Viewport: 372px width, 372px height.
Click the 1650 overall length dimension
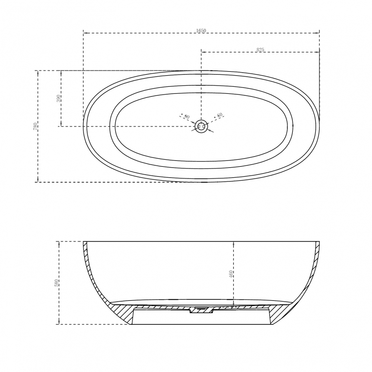tap(201, 31)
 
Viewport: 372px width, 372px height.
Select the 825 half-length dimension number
tap(260, 49)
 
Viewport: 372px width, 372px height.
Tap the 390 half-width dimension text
tap(59, 98)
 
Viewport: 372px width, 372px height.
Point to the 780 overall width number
tap(36, 126)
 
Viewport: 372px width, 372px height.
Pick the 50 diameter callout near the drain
tap(220, 115)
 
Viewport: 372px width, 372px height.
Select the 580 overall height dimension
tap(57, 283)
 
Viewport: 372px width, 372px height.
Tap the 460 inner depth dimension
tap(231, 274)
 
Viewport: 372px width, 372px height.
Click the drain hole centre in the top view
tap(201, 126)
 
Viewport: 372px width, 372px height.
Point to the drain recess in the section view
tap(201, 310)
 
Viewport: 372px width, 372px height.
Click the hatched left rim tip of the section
tap(85, 246)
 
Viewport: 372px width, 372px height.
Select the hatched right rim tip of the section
tap(317, 246)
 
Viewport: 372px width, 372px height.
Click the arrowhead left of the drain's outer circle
tap(193, 124)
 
